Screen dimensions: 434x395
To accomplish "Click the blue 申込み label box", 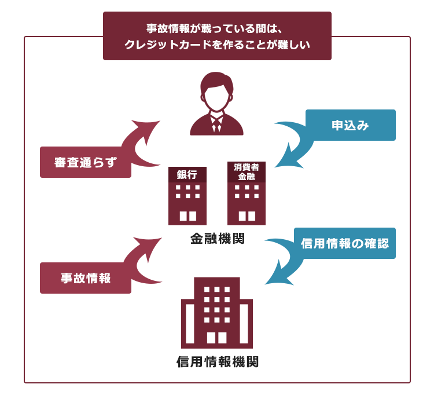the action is pyautogui.click(x=351, y=125).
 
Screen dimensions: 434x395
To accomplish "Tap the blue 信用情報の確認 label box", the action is pyautogui.click(x=345, y=243).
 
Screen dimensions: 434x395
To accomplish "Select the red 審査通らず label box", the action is pyautogui.click(x=86, y=162).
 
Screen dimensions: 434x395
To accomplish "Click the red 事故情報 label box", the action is pyautogui.click(x=86, y=278).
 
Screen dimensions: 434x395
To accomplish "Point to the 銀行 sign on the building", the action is pyautogui.click(x=187, y=174).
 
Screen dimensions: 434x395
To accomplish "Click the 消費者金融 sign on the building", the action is pyautogui.click(x=247, y=172).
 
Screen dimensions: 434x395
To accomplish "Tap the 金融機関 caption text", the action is pyautogui.click(x=217, y=238).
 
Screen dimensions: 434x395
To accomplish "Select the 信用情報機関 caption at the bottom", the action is pyautogui.click(x=217, y=361).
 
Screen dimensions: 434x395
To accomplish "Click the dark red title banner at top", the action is pyautogui.click(x=217, y=36).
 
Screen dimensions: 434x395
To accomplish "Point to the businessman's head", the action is pyautogui.click(x=217, y=92).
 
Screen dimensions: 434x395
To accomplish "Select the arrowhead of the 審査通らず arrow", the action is pyautogui.click(x=148, y=130).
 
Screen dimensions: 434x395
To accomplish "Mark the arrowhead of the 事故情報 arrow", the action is pyautogui.click(x=149, y=247).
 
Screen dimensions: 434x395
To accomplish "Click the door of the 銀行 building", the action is pyautogui.click(x=188, y=216).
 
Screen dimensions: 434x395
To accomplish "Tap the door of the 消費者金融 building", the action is pyautogui.click(x=247, y=216).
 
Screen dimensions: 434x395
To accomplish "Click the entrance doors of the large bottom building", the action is pyautogui.click(x=217, y=338).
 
